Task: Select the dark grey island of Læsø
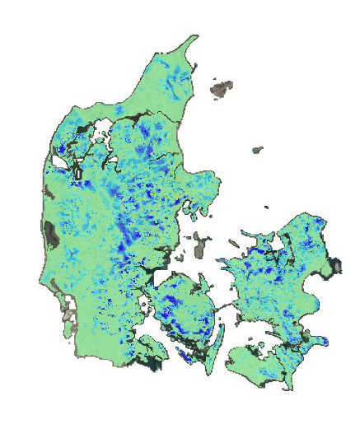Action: pos(221,86)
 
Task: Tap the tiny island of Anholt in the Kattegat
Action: pos(258,151)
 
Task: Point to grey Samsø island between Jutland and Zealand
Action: pos(200,244)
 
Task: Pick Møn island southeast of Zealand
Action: pos(317,339)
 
